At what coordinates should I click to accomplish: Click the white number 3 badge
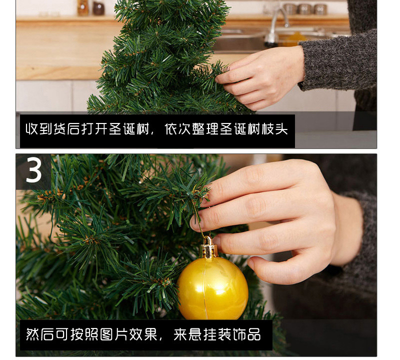pos(33,170)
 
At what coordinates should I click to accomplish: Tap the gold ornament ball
pos(212,288)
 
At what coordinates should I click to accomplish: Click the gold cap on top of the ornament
pos(209,248)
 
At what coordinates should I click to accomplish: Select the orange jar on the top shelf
pos(83,7)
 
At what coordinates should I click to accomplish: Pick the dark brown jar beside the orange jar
pos(98,7)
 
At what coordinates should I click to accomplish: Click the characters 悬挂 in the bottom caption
pos(195,334)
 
